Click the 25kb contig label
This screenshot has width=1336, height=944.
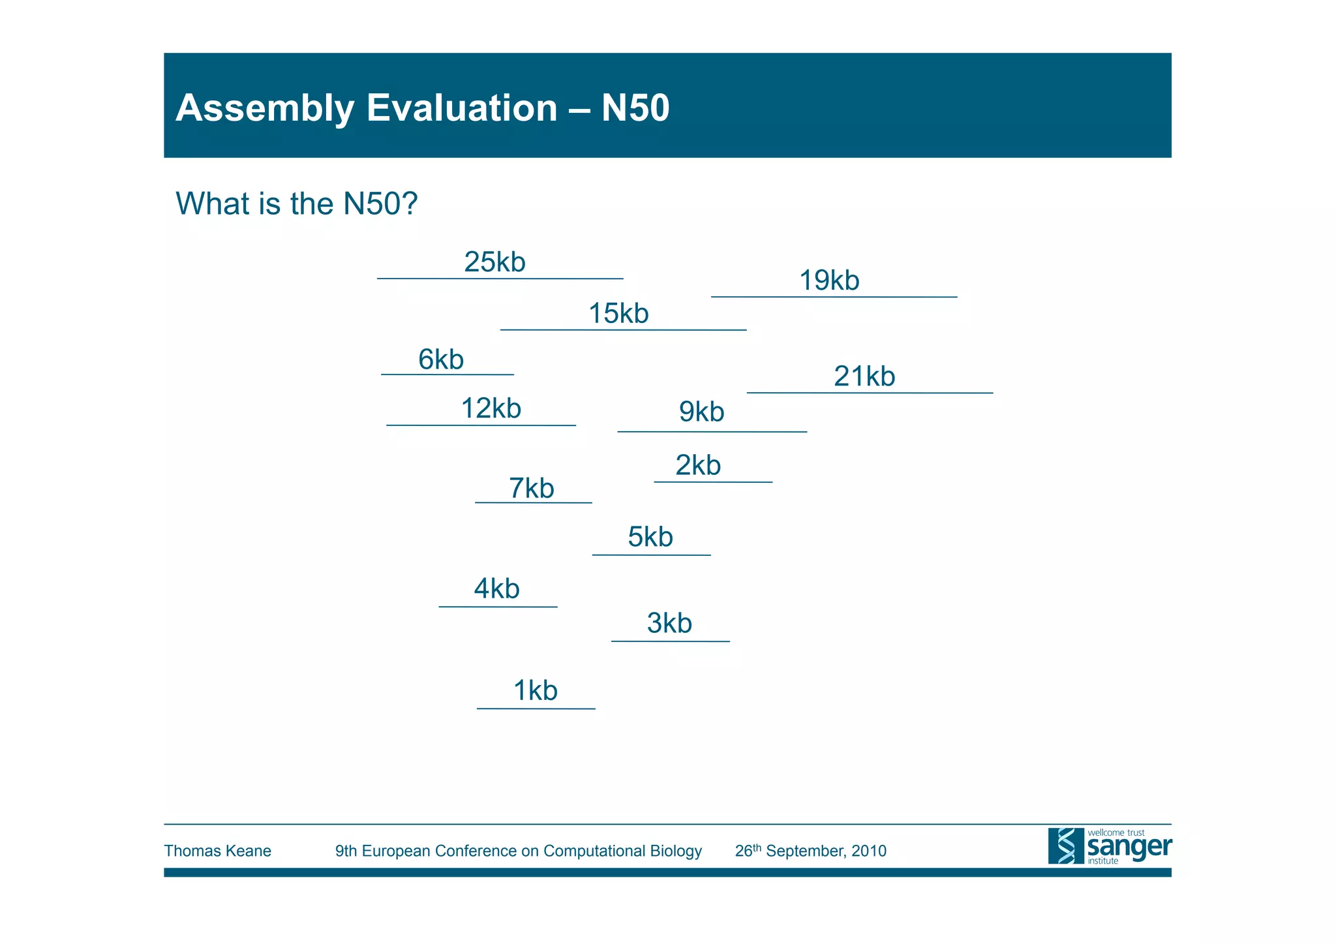494,262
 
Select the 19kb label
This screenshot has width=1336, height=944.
829,281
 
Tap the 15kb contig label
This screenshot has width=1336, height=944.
618,314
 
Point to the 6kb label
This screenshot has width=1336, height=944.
441,359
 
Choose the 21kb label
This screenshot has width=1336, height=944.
864,376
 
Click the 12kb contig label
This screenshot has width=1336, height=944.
491,408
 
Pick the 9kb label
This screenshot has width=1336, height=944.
701,412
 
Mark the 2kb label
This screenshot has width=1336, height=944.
698,465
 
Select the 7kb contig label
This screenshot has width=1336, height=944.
531,489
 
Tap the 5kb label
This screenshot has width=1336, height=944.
650,537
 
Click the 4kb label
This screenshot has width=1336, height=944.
496,589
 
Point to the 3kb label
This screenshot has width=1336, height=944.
669,623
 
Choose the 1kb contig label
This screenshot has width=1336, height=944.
535,691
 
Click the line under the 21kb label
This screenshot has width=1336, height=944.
870,393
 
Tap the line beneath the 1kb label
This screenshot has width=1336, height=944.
536,708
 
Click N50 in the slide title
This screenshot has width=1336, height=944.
635,108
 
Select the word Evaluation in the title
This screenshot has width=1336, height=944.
461,108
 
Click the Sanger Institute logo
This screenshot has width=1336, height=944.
1109,846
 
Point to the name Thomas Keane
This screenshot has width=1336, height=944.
217,851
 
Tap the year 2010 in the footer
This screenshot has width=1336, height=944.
868,851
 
